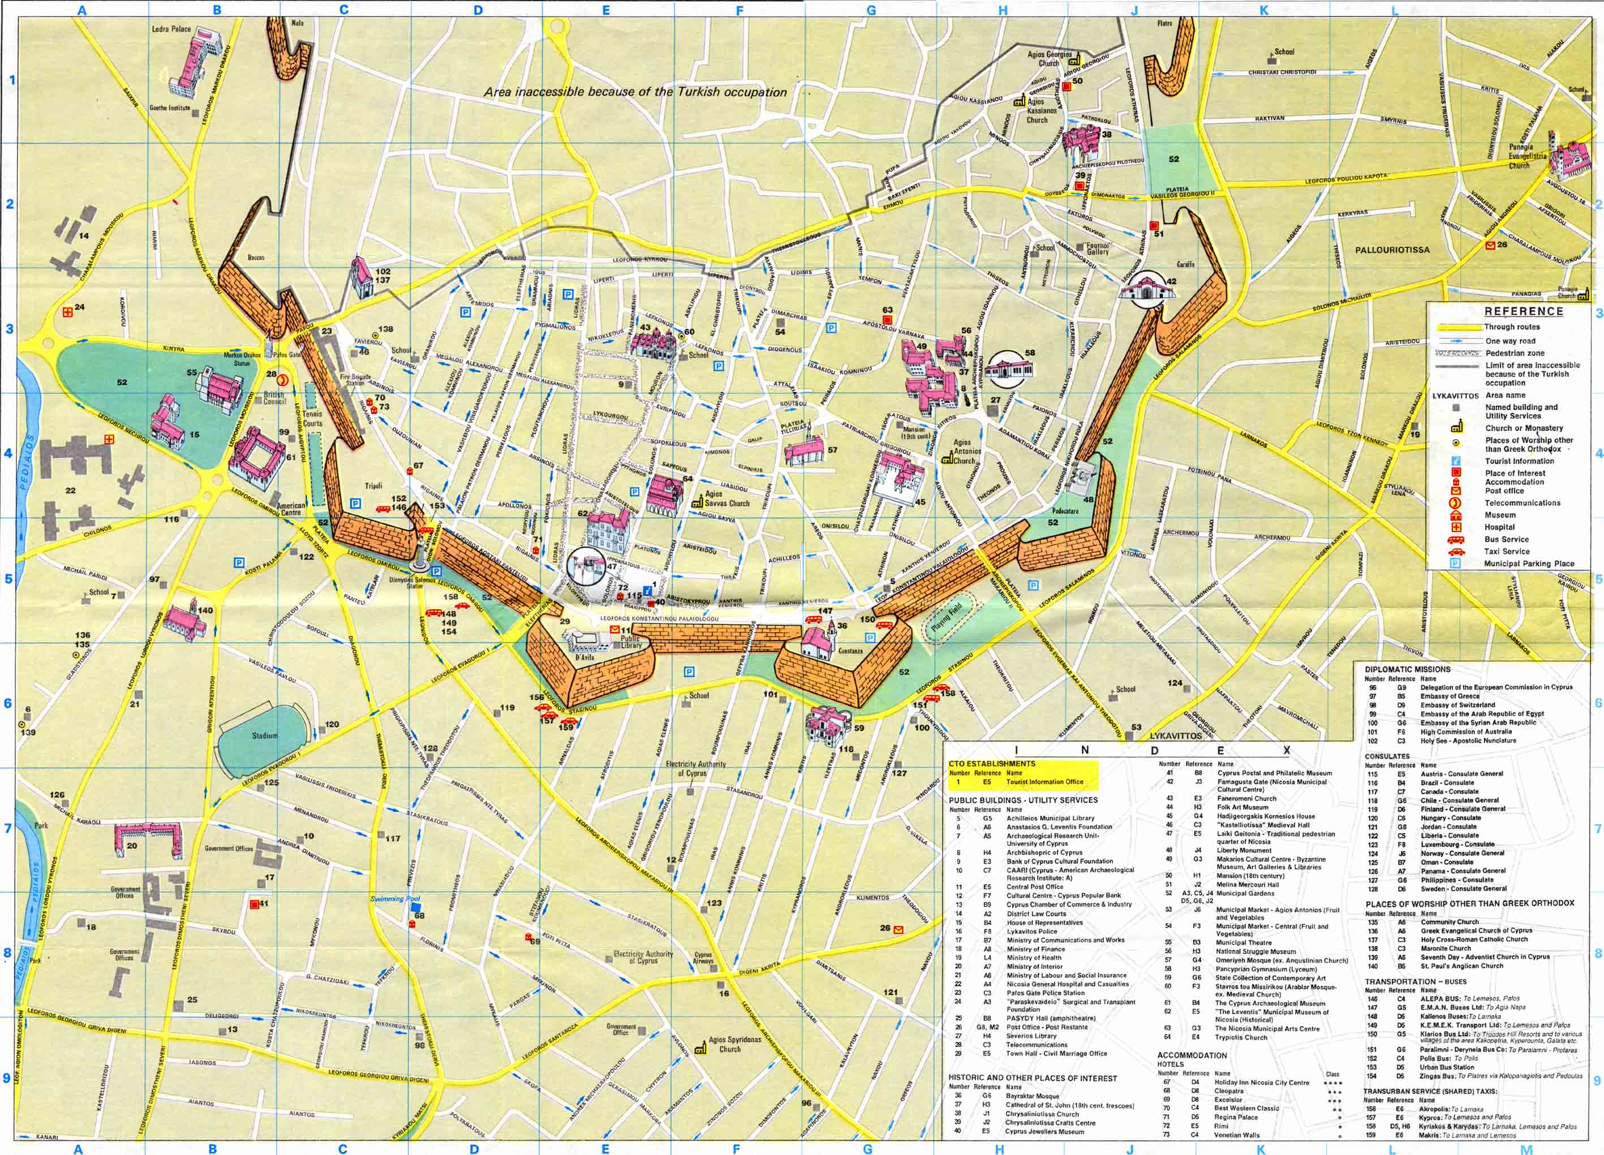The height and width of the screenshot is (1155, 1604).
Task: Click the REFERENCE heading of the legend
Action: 1523,311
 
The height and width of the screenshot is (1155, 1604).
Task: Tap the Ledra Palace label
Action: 171,29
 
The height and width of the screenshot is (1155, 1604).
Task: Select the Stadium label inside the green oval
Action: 265,736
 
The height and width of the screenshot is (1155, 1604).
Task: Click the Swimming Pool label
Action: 395,900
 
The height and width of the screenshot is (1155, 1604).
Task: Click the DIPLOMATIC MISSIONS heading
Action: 1408,669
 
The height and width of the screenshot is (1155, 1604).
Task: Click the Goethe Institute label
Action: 170,108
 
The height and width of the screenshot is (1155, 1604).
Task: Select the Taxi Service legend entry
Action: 1506,551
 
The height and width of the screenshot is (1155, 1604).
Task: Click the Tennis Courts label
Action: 312,419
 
